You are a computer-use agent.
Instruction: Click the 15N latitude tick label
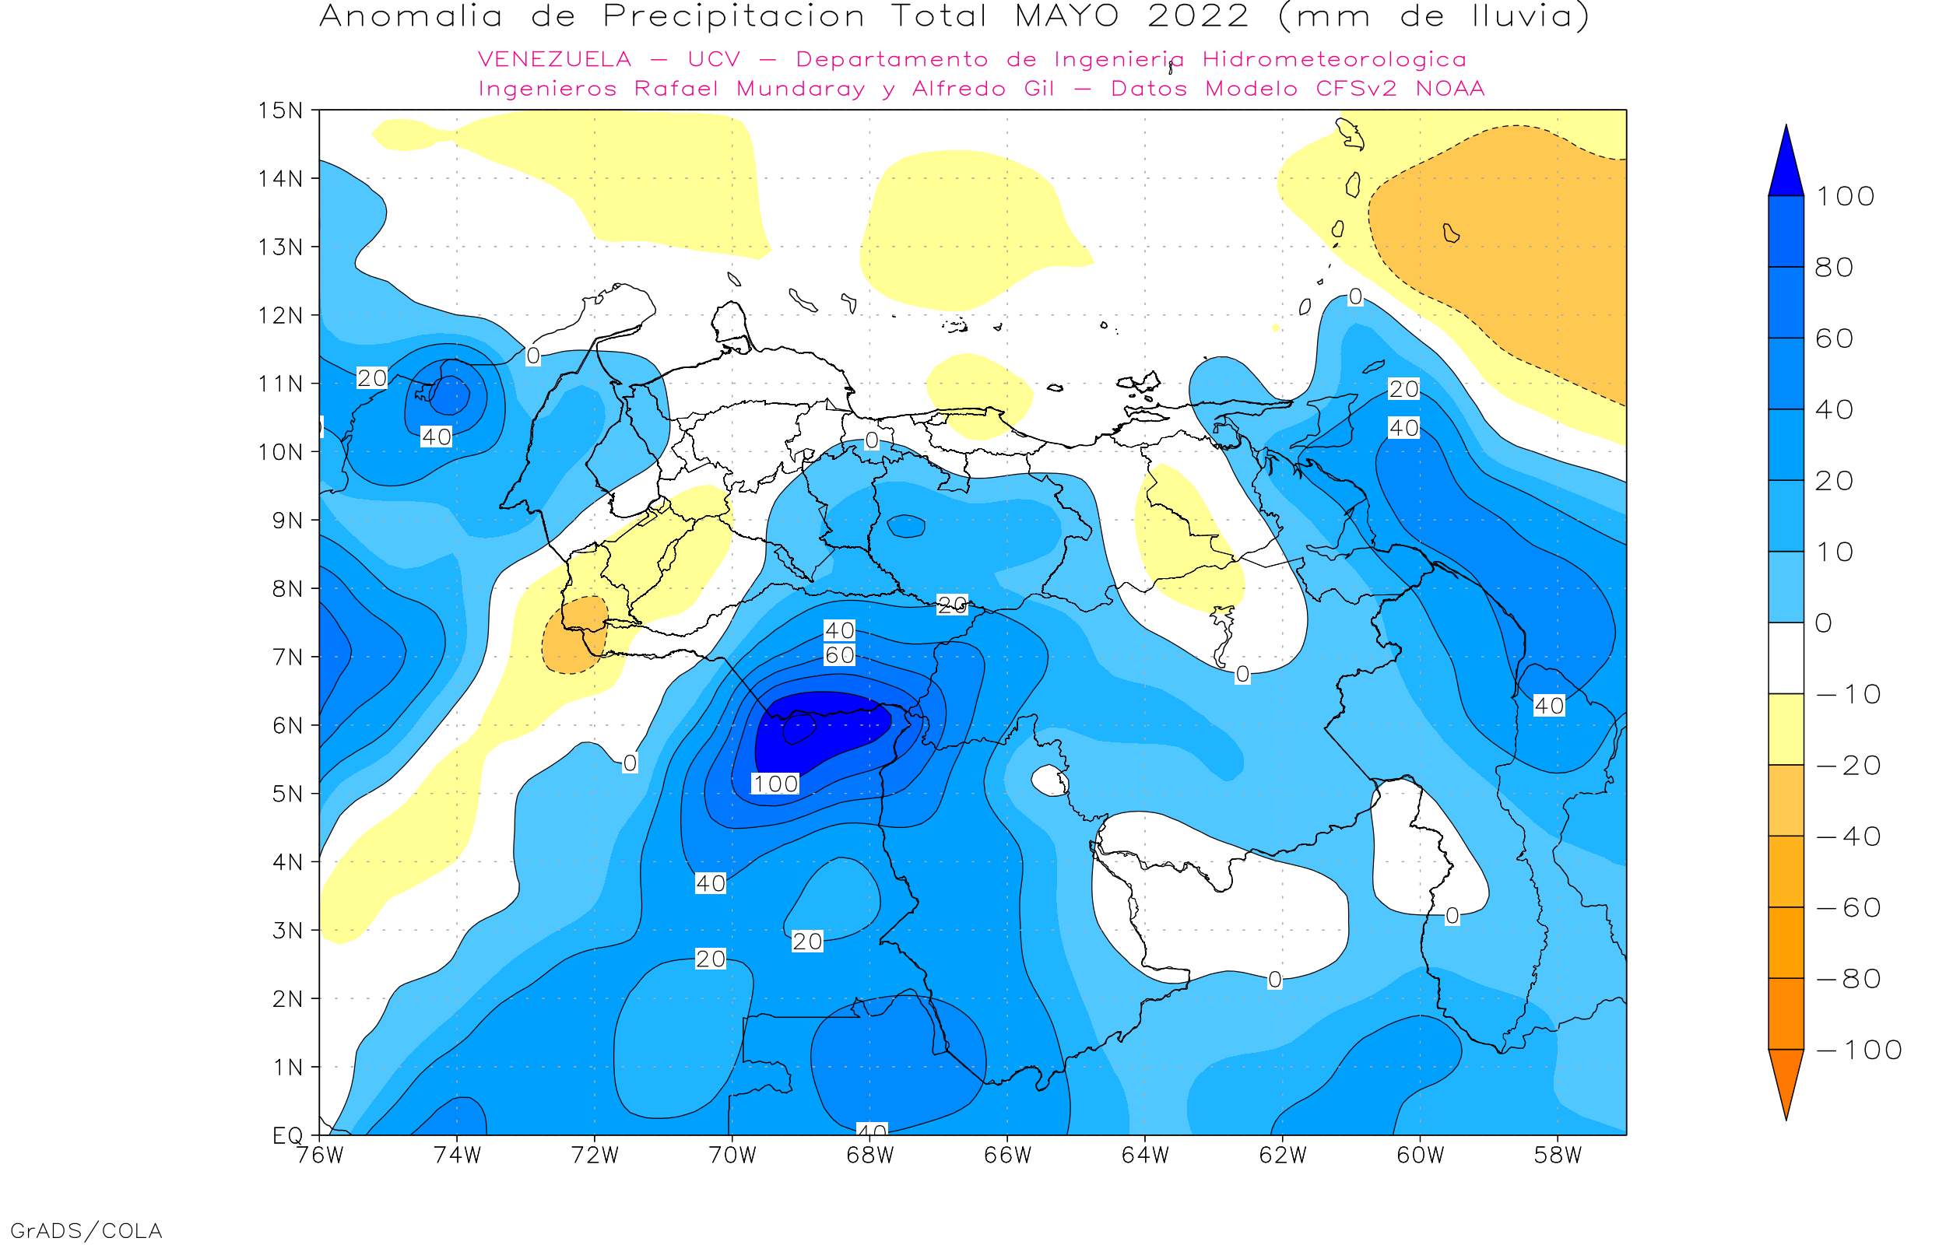[279, 110]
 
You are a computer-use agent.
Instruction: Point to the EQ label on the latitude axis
[288, 1135]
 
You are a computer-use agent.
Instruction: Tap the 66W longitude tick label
[1007, 1156]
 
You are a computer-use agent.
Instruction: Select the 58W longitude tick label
[1558, 1156]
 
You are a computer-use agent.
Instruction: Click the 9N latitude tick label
[288, 520]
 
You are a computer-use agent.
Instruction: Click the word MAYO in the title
[1067, 16]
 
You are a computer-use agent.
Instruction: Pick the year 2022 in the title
[1198, 16]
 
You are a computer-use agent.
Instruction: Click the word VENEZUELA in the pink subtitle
[555, 60]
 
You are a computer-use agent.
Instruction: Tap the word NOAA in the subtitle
[1450, 89]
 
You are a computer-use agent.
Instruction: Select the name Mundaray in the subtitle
[800, 89]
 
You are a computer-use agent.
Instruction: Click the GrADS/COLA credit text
[86, 1230]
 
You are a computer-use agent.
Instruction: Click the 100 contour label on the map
[775, 784]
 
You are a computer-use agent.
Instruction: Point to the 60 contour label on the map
[839, 655]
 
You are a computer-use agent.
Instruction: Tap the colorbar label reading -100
[1860, 1050]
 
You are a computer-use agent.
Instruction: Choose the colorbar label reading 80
[1834, 268]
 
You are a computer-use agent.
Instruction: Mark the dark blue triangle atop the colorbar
[1786, 166]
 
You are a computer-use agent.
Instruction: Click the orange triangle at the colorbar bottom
[1786, 1079]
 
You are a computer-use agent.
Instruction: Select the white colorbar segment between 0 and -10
[1786, 658]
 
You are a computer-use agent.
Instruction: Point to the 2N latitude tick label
[288, 999]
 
